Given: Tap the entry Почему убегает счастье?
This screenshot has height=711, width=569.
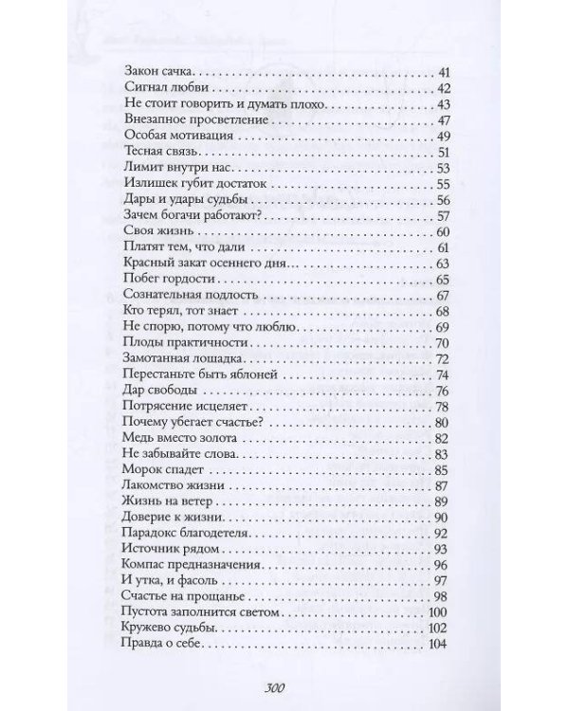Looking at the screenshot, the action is point(193,423).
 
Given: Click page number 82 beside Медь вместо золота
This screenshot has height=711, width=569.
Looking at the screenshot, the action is point(439,440).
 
